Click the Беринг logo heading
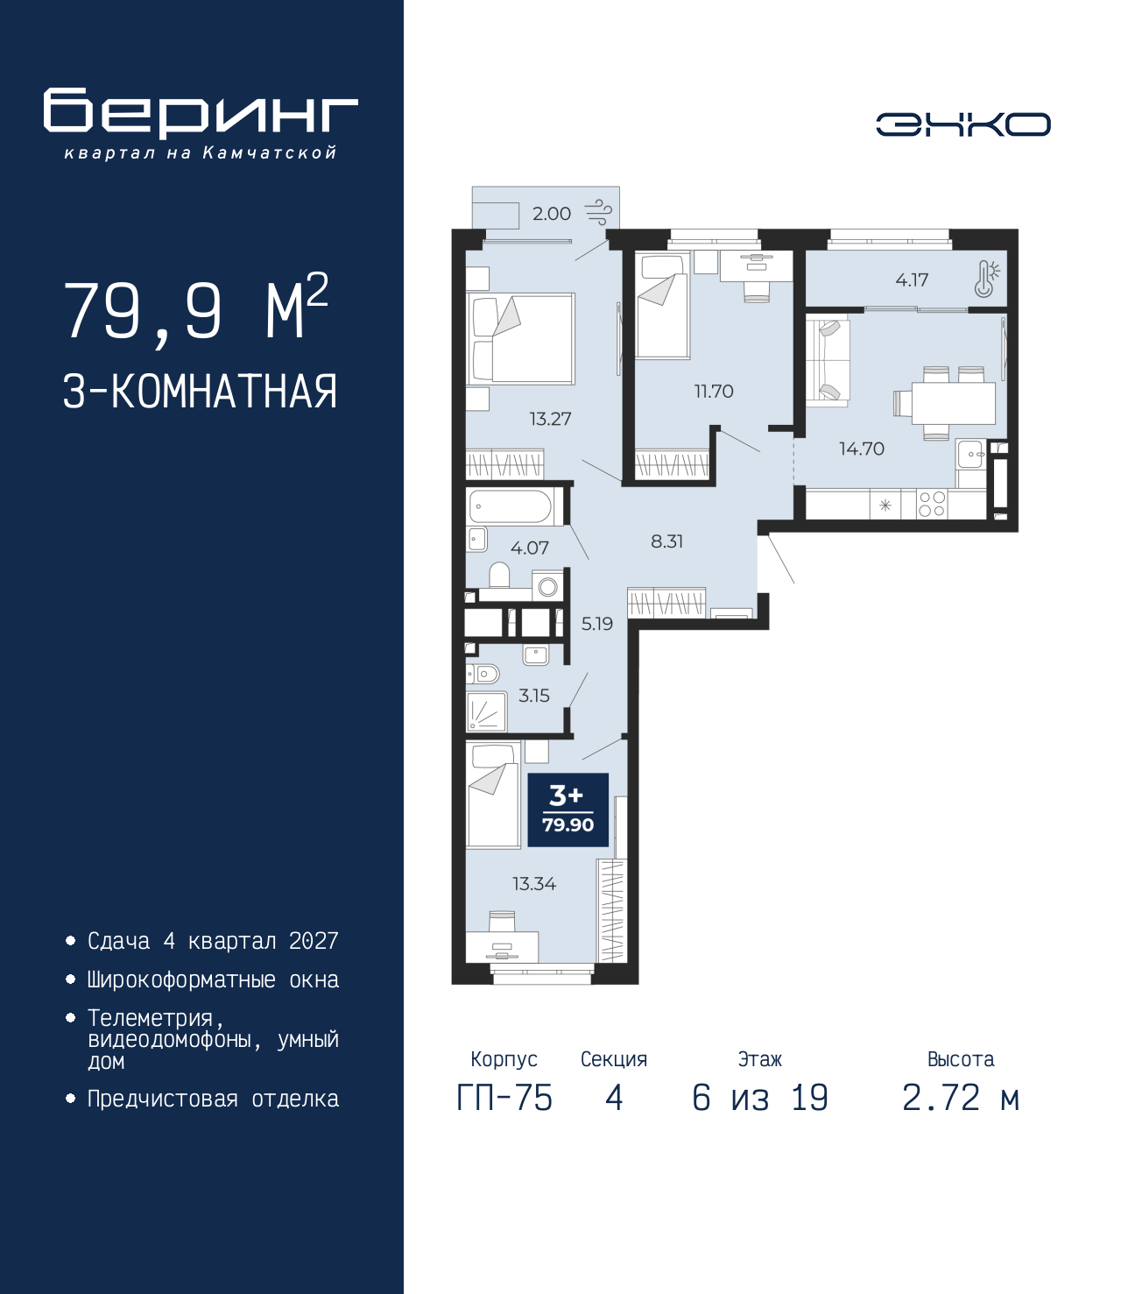(201, 113)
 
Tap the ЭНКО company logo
(962, 124)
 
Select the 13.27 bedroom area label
(550, 419)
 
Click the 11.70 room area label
(714, 392)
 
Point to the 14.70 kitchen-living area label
(862, 449)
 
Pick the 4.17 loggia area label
(912, 280)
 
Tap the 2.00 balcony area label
(552, 214)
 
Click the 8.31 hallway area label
(666, 541)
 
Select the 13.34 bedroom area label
(534, 884)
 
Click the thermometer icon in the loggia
(986, 279)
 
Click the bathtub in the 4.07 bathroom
(511, 506)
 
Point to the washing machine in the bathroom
(548, 586)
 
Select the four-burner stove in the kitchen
(932, 505)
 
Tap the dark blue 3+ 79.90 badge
(568, 810)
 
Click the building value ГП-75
(504, 1098)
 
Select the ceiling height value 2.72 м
(961, 1098)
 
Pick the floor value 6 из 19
(759, 1098)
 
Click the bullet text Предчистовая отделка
(213, 1100)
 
